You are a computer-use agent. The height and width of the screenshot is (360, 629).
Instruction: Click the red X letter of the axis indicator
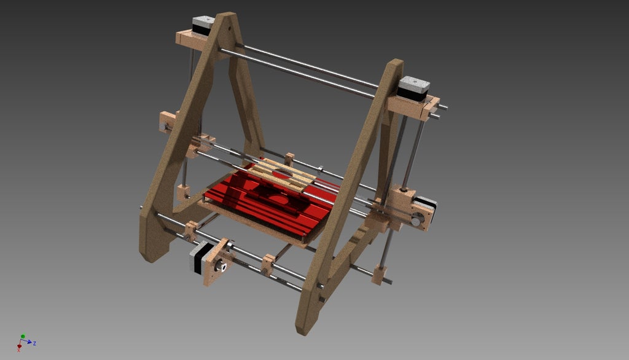click(x=19, y=350)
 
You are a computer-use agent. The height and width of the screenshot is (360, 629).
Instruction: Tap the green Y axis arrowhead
click(x=22, y=336)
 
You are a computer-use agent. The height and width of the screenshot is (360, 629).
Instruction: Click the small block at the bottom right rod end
click(x=379, y=275)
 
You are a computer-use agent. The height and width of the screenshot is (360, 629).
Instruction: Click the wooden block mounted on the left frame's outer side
click(x=167, y=121)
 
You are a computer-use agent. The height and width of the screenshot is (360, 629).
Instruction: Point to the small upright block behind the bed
click(x=289, y=158)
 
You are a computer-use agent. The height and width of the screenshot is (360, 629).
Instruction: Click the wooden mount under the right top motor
click(x=412, y=106)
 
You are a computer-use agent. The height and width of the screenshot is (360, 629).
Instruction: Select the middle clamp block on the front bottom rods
click(x=268, y=265)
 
